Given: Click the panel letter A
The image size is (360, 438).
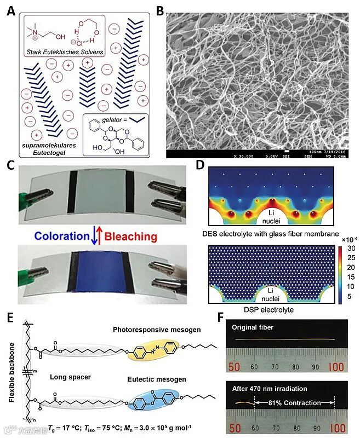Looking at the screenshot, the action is click(10, 9).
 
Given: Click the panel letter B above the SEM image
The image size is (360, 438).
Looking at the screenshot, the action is click(161, 9).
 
